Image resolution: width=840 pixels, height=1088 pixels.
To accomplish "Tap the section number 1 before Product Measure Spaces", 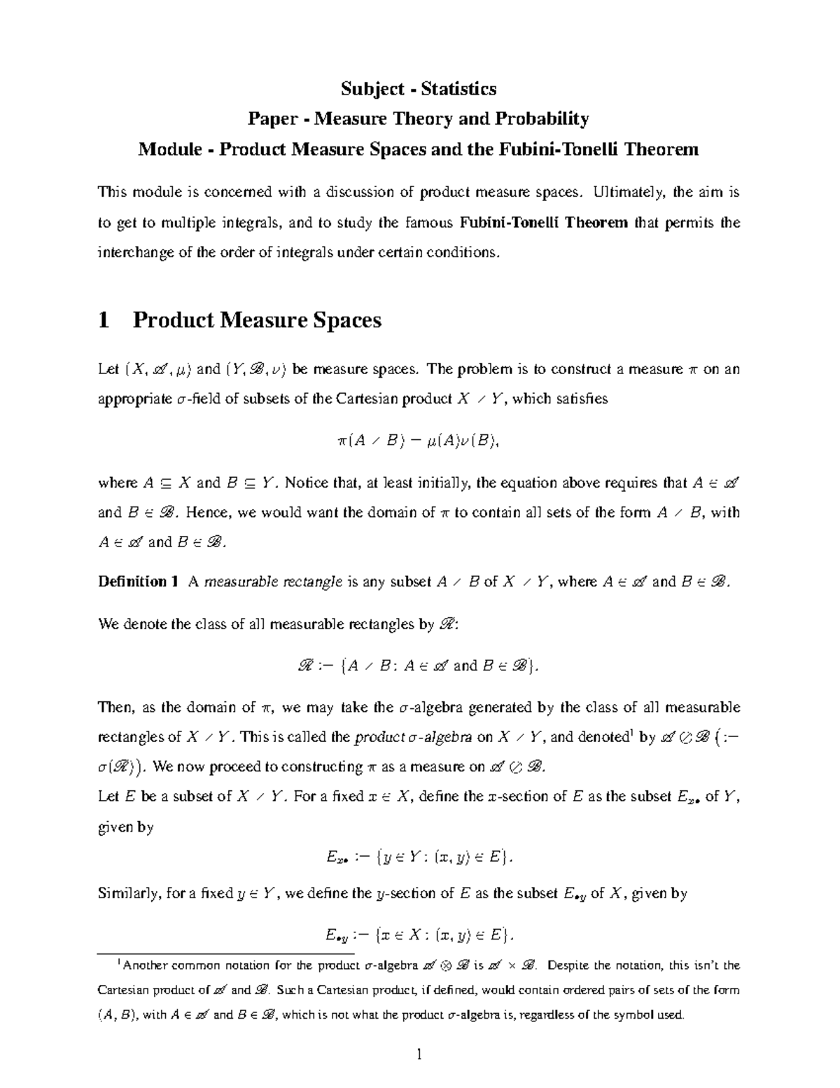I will [x=104, y=320].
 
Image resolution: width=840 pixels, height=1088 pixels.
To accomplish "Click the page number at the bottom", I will [x=419, y=1054].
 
